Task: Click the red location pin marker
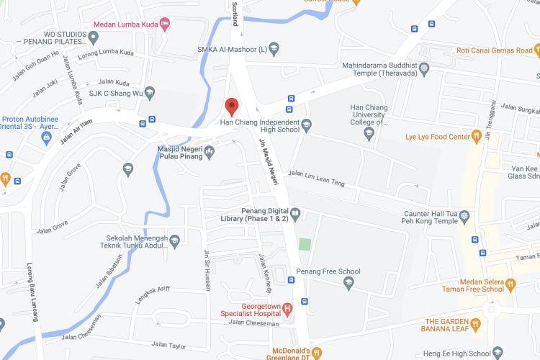(x=231, y=107)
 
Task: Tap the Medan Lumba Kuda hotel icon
(x=165, y=24)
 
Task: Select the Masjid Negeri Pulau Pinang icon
(x=209, y=150)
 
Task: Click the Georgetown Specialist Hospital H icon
(x=287, y=310)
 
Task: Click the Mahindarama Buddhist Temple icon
(x=424, y=69)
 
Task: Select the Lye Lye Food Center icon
(x=476, y=135)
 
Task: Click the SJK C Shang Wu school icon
(x=150, y=92)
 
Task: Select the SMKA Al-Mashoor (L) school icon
(x=274, y=50)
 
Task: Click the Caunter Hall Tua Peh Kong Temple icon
(x=464, y=216)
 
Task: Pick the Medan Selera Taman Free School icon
(x=510, y=284)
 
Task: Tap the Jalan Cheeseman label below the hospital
(x=253, y=322)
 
